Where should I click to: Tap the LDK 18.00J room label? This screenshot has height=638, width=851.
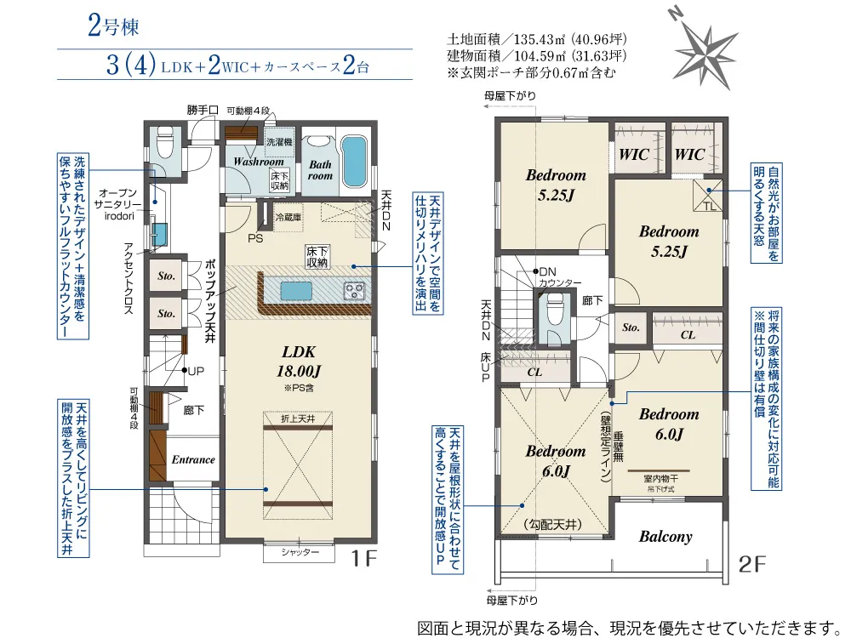pos(299,362)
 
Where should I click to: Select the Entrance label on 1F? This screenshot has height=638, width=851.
pos(193,459)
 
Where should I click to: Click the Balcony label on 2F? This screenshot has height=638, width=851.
pos(665,537)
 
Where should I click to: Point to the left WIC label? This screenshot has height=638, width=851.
pos(634,155)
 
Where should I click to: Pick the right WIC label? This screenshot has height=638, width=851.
pos(689,155)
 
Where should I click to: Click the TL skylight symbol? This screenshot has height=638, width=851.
pos(708,194)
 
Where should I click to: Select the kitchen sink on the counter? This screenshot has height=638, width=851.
pos(296,291)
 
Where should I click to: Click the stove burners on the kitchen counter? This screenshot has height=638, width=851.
pos(354,291)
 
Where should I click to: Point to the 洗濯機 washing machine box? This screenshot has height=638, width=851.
pos(279,142)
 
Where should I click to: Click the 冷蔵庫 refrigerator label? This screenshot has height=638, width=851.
pos(288,217)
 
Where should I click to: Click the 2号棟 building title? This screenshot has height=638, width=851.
pos(113,26)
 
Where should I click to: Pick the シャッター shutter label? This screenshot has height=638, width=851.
pos(300,552)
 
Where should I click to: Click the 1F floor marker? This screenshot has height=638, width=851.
pos(363,558)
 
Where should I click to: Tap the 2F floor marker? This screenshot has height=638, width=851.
pos(752,565)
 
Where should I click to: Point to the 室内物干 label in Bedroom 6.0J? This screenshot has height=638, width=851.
pos(660,479)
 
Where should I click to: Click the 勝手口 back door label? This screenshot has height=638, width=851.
pos(203,110)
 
